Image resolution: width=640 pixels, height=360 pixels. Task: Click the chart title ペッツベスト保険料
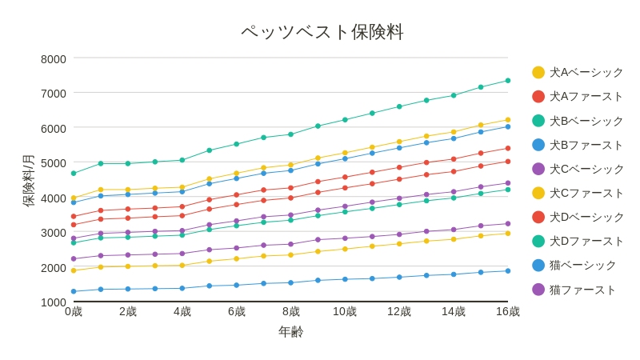pyautogui.click(x=322, y=32)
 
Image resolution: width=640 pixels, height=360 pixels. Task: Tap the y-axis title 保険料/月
pyautogui.click(x=28, y=181)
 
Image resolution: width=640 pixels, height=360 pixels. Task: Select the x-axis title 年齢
pyautogui.click(x=290, y=331)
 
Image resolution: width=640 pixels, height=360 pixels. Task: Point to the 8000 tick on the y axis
pyautogui.click(x=54, y=59)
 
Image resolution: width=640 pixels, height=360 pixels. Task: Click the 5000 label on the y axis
pyautogui.click(x=54, y=163)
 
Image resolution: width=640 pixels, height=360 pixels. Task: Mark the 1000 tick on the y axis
pyautogui.click(x=54, y=302)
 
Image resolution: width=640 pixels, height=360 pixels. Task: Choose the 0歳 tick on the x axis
pyautogui.click(x=74, y=311)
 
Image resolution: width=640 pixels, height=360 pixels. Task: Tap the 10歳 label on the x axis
pyautogui.click(x=345, y=311)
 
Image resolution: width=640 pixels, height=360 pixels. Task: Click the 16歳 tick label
pyautogui.click(x=507, y=311)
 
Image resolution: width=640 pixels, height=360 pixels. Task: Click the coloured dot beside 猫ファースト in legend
pyautogui.click(x=538, y=290)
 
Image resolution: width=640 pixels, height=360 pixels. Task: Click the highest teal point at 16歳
pyautogui.click(x=508, y=81)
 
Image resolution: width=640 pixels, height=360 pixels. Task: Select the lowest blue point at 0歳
pyautogui.click(x=74, y=292)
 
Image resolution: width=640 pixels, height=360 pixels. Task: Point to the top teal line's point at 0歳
pyautogui.click(x=74, y=174)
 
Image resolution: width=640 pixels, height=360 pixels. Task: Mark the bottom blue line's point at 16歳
pyautogui.click(x=508, y=271)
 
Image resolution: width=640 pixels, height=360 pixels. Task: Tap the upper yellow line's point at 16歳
pyautogui.click(x=508, y=120)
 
